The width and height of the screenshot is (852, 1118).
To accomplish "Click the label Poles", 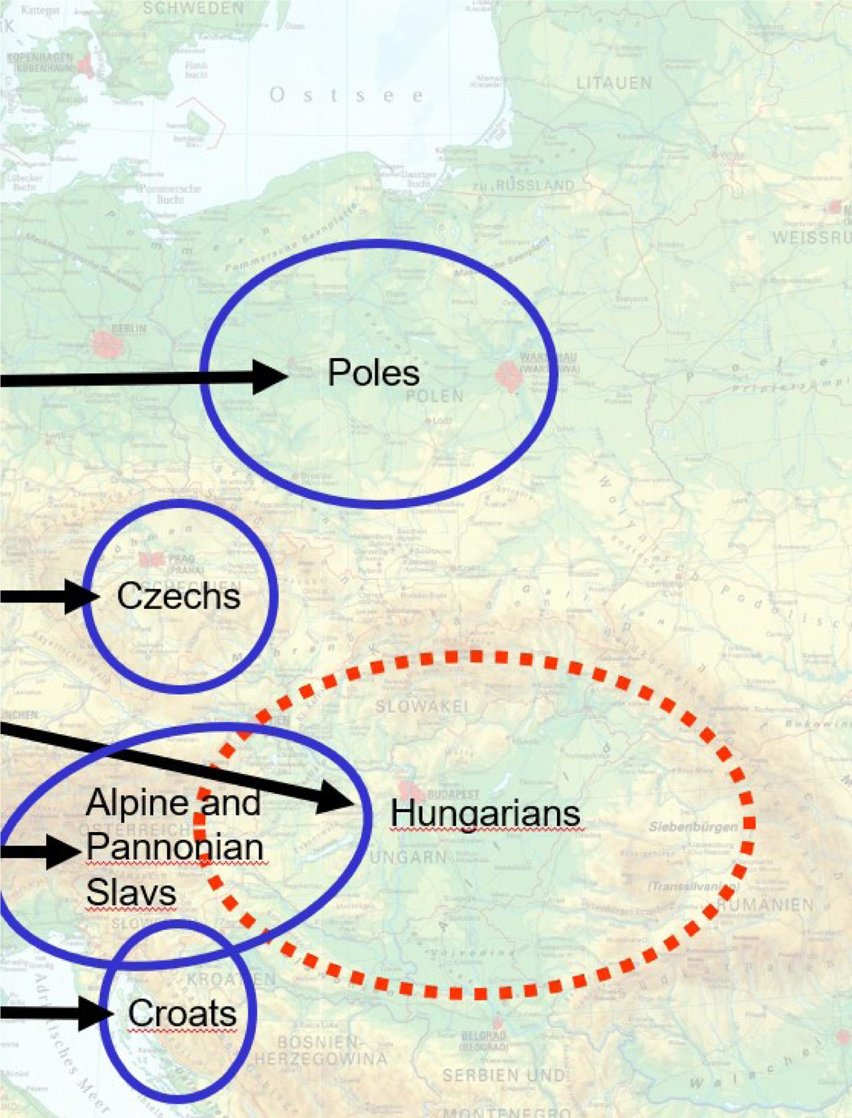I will click(373, 373).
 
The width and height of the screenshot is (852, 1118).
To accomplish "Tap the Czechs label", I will click(178, 596).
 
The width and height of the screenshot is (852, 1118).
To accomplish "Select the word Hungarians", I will click(485, 813).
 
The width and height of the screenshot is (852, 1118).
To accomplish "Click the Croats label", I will click(182, 1014).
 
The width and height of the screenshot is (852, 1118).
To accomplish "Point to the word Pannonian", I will click(175, 847).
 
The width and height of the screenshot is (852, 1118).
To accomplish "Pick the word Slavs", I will click(131, 892).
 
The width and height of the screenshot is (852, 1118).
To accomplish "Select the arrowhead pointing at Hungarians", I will click(336, 797).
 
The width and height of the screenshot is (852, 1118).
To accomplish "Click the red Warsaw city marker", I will click(509, 375).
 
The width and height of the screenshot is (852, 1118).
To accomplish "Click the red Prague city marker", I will click(151, 560).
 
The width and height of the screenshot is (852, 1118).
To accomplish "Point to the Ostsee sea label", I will click(346, 95).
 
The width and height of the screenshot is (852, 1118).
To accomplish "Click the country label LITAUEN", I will click(614, 83).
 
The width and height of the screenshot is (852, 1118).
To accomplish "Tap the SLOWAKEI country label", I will click(422, 706).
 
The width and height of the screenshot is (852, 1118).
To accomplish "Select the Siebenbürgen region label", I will click(693, 827).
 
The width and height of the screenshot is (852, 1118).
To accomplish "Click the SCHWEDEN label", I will click(194, 9).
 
